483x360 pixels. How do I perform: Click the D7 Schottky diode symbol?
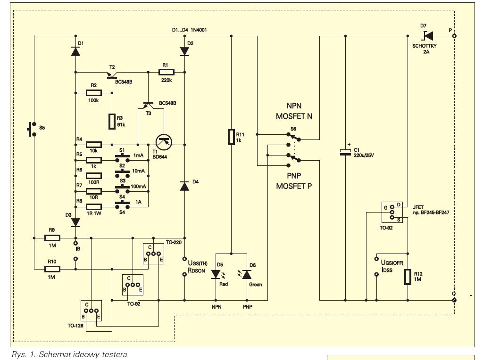pos(428,36)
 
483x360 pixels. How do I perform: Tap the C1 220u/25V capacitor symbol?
pos(345,152)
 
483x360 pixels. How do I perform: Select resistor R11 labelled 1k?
pos(231,137)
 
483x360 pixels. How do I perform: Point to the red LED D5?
pos(216,274)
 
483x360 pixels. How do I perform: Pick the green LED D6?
pos(247,274)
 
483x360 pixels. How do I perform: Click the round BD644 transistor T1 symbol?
pos(164,142)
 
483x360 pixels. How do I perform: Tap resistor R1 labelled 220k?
pos(167,72)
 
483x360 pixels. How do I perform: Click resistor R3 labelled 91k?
pos(112,121)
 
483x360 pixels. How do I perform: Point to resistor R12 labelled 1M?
pos(408,277)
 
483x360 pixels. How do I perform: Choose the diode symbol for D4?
pos(184,186)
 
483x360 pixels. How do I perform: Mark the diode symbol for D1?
pos(75,51)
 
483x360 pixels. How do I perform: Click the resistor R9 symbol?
pos(52,238)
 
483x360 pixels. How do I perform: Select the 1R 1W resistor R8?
pos(94,207)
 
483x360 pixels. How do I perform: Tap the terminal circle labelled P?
pos(454,36)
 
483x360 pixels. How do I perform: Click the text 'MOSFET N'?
pos(294,116)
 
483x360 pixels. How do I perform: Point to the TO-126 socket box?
pos(91,311)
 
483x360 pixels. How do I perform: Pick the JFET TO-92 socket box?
pos(392,213)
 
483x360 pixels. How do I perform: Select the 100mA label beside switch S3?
pos(138,187)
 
